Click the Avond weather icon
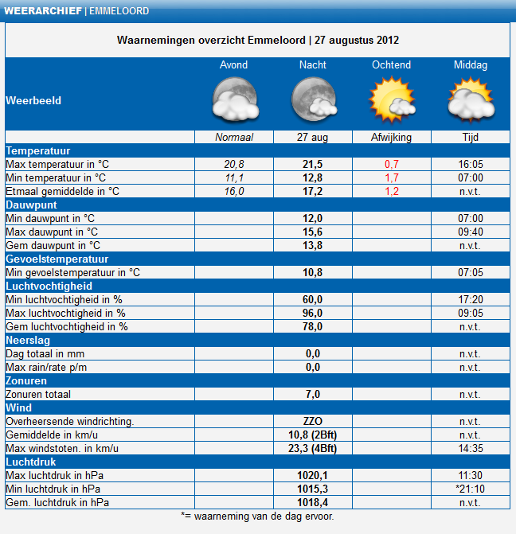(235, 99)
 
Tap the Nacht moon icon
(314, 99)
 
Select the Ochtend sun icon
(392, 99)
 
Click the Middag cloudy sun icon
(471, 99)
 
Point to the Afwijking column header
(391, 137)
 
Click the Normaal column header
(234, 137)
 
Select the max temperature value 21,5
(312, 164)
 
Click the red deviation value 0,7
(392, 164)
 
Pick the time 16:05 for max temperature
(471, 164)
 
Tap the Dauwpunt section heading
(31, 205)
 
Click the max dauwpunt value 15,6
(312, 232)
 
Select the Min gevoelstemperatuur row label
(73, 272)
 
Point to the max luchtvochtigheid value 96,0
(312, 313)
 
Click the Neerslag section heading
(28, 341)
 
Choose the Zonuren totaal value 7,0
(313, 395)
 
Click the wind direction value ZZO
(313, 421)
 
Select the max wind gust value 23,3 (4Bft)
(312, 449)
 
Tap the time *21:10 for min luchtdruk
(470, 489)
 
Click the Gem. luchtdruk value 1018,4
(312, 503)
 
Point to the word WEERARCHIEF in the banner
(43, 11)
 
